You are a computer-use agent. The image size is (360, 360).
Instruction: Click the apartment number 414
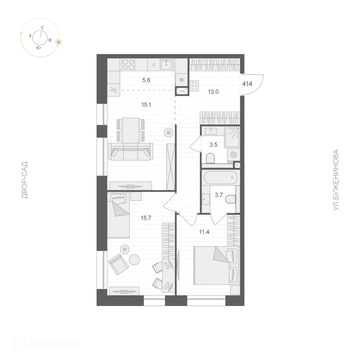click(x=247, y=84)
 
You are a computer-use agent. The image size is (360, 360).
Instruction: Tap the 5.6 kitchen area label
click(x=146, y=80)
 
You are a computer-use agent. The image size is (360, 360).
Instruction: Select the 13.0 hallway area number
click(x=213, y=92)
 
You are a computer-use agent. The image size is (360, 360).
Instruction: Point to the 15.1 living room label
click(x=146, y=105)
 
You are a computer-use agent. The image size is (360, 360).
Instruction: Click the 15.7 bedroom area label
click(x=146, y=218)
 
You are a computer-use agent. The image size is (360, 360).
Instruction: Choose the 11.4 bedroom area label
click(x=204, y=232)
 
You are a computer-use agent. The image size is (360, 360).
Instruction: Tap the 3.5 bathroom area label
click(x=213, y=145)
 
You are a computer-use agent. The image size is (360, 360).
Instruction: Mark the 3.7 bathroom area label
click(x=219, y=195)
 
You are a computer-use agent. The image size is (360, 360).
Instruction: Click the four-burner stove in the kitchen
click(x=128, y=64)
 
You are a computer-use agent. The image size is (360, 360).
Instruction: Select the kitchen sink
click(x=167, y=64)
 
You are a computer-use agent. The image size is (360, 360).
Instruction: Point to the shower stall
click(x=232, y=137)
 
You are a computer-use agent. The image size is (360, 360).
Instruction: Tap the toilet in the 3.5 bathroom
click(x=210, y=158)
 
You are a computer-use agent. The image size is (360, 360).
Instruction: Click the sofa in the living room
click(x=131, y=152)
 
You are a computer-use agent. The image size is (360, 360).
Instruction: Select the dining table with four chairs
click(x=130, y=130)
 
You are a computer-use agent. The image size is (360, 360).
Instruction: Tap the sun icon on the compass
click(x=59, y=42)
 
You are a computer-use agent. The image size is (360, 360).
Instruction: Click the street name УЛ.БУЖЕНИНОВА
click(x=335, y=180)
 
